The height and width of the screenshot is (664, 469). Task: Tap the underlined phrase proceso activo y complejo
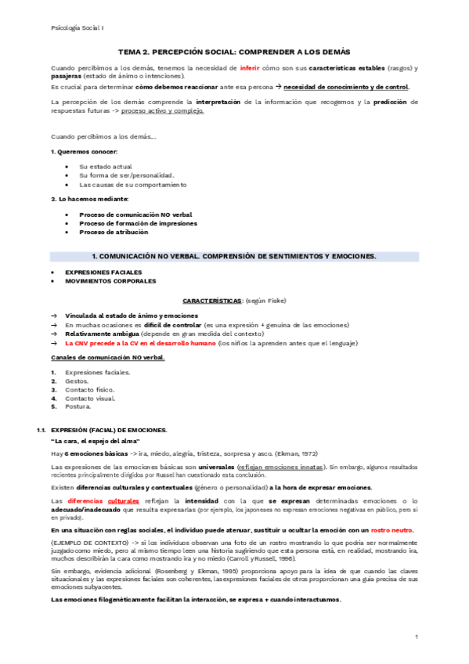162,110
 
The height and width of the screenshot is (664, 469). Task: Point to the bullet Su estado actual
106,166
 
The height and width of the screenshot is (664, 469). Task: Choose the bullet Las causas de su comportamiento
133,185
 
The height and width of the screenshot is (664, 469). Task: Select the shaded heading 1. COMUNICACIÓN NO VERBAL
234,256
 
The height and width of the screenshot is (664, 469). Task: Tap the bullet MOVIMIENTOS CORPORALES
110,280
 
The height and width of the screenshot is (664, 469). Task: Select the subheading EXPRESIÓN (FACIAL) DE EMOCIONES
109,431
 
